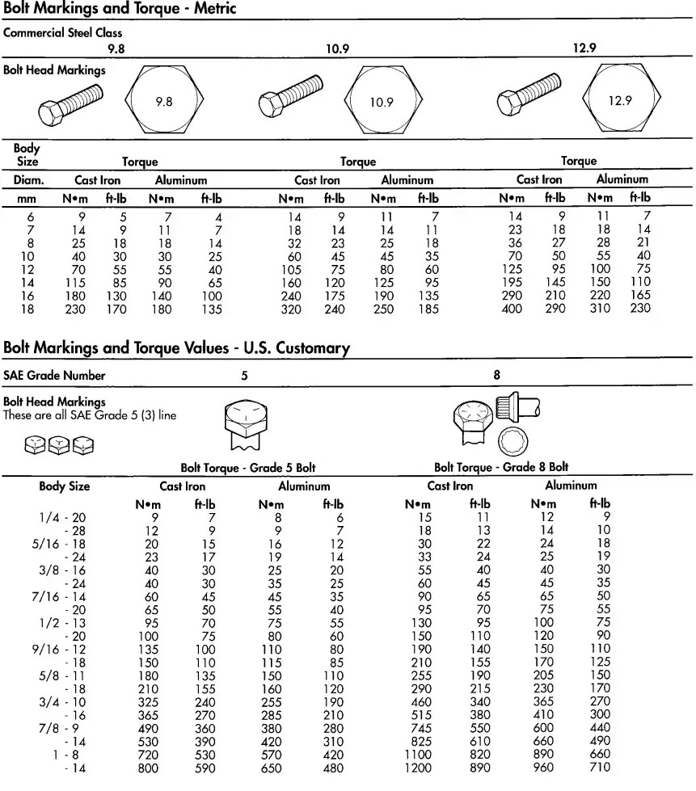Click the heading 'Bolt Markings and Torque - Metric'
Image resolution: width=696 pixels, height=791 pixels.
[x=120, y=9]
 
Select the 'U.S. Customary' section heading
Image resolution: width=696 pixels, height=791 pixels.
[x=176, y=348]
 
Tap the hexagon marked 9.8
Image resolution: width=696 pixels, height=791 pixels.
[x=164, y=102]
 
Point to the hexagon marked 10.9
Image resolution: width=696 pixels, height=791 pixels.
[x=382, y=102]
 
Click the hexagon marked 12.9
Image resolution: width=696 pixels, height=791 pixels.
[x=620, y=101]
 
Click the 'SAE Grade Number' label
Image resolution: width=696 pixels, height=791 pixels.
[x=54, y=376]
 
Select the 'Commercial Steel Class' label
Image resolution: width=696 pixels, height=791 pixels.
[x=63, y=33]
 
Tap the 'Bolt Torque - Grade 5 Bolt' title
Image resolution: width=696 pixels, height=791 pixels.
[x=247, y=468]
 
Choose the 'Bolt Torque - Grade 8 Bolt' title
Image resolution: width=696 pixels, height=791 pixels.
[x=501, y=467]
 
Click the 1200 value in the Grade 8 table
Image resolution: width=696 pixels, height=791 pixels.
[x=418, y=768]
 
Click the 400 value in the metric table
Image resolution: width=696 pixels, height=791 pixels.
[x=512, y=309]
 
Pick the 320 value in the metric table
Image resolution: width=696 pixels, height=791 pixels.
[x=290, y=309]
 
